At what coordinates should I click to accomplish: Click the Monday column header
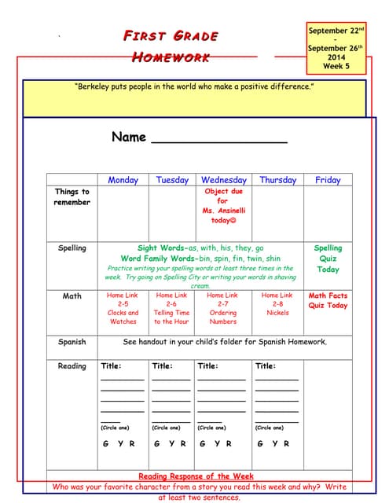click(x=123, y=180)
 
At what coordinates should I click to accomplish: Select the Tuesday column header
click(x=172, y=180)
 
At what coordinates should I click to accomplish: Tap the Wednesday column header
click(x=223, y=180)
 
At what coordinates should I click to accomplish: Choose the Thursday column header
click(x=277, y=180)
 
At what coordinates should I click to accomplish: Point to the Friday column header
click(x=328, y=180)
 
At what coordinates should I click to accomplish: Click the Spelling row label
click(x=72, y=248)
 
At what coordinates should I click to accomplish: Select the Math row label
click(x=72, y=296)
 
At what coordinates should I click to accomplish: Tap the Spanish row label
click(x=72, y=343)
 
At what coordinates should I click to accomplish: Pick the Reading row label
click(x=72, y=366)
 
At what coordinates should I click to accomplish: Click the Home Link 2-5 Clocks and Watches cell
click(x=123, y=308)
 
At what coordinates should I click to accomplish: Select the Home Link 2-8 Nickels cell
click(x=277, y=304)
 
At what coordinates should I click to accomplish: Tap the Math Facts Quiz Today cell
click(x=328, y=301)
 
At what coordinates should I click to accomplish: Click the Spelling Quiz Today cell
click(x=328, y=259)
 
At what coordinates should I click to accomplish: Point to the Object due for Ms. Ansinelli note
click(x=223, y=206)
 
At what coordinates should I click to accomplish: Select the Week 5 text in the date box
click(x=336, y=67)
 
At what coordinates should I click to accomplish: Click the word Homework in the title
click(x=171, y=57)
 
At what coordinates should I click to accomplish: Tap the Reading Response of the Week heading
click(x=196, y=476)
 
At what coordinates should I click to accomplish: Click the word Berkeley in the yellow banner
click(x=95, y=86)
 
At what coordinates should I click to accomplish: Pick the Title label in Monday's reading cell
click(x=111, y=365)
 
